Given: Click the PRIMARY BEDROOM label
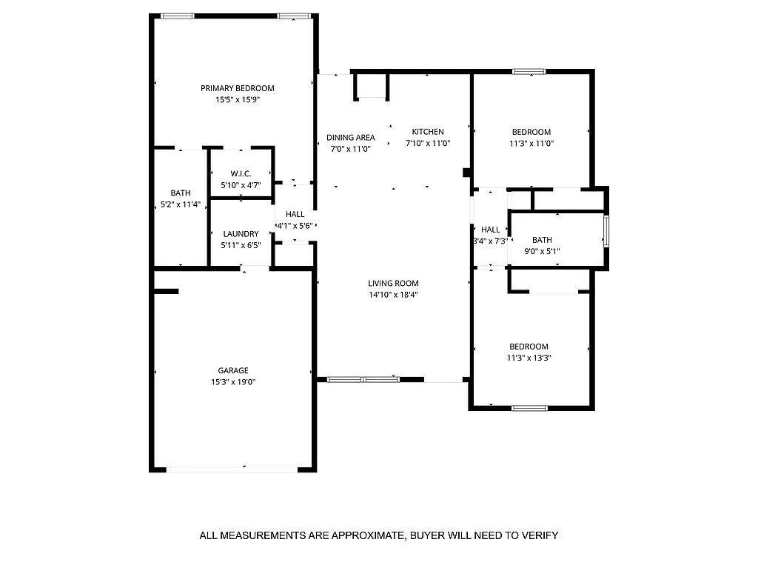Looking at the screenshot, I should point(238,88).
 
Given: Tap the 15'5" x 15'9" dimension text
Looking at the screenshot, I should point(238,99).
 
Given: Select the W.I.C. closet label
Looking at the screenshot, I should point(241,173).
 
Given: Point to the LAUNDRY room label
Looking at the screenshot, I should point(241,234).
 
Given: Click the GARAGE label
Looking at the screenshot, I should point(233,370).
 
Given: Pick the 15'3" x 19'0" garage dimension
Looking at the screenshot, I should point(233,382).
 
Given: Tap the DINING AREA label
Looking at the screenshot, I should point(351,137).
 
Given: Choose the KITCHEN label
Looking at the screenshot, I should point(428,132).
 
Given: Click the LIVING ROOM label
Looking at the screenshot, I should point(393,283).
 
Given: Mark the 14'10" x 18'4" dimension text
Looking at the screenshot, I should point(393,295).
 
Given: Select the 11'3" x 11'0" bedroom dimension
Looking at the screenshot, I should point(531,144).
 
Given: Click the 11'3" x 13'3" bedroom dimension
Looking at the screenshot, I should point(529,358).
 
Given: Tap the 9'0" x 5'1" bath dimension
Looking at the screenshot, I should point(542,251).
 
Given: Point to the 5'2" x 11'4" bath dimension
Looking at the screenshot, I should point(180,204).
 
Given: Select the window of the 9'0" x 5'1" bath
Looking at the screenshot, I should point(606,230).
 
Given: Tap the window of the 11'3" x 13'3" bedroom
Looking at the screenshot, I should point(529,407).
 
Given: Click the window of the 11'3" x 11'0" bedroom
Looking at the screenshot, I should point(529,72).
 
